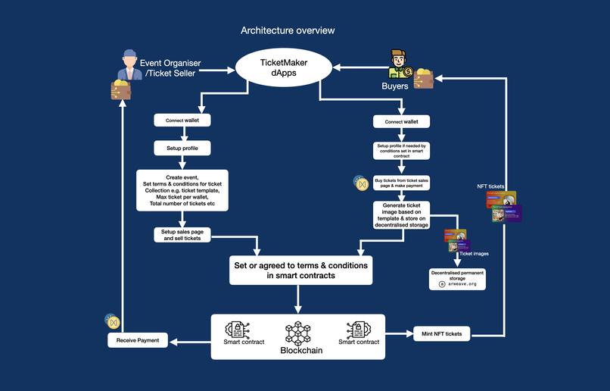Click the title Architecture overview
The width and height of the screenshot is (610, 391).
[288, 30]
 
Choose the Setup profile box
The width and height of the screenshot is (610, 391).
[182, 147]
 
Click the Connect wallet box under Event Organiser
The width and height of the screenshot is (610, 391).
[182, 120]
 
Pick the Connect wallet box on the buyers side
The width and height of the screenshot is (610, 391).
[401, 121]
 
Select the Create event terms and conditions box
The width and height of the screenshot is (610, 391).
[182, 191]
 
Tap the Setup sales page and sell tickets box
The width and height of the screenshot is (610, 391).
[182, 234]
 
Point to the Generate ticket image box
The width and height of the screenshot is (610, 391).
[401, 214]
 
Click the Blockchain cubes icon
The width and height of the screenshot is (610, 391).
[298, 333]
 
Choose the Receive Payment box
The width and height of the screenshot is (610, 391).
[138, 341]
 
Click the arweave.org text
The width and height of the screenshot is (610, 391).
[462, 283]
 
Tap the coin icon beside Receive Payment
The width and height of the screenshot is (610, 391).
[113, 321]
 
